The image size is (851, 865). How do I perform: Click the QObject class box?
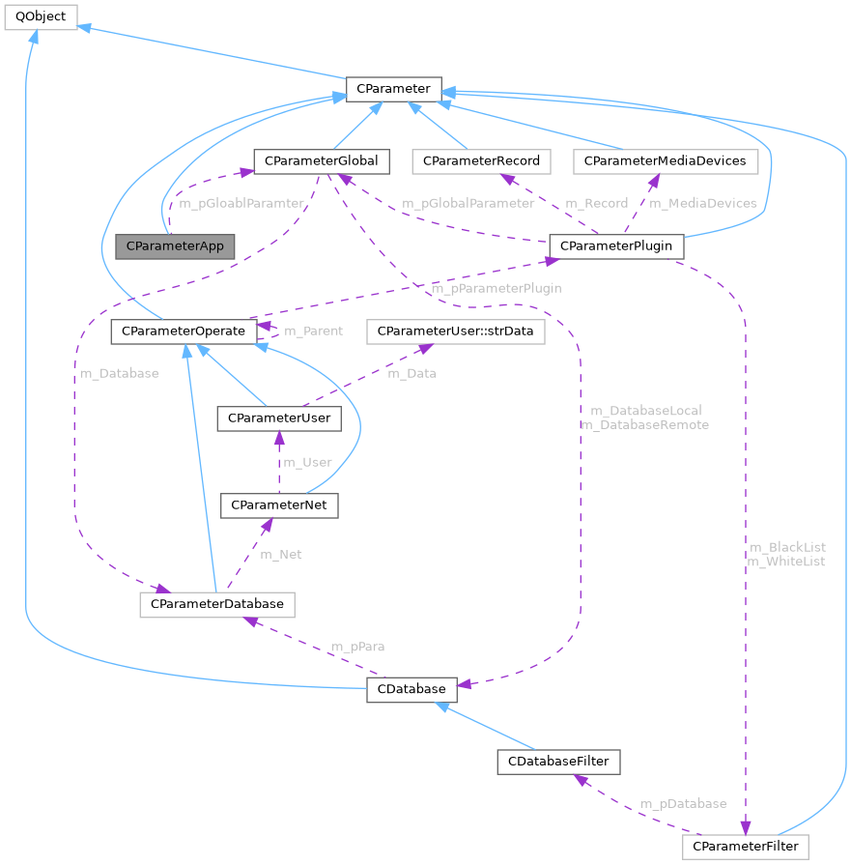(x=41, y=16)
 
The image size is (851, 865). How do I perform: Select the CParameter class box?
(x=393, y=89)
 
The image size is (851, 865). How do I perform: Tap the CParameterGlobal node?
(x=321, y=160)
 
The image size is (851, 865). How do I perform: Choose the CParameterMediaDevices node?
(x=666, y=160)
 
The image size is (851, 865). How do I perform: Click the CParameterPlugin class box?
(x=616, y=246)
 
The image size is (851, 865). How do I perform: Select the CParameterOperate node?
(x=184, y=332)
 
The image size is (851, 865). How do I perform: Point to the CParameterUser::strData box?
(x=455, y=332)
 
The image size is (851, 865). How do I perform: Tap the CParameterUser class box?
(x=278, y=418)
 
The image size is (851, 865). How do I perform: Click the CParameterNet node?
(x=280, y=505)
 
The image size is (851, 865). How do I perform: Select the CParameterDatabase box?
(x=216, y=604)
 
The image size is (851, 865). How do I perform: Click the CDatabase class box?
(x=411, y=689)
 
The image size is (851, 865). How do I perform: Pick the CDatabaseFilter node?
(x=557, y=761)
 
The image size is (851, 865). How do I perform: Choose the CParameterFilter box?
(x=746, y=847)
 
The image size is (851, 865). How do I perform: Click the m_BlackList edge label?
(x=787, y=547)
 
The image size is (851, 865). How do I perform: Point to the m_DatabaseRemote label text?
(x=643, y=425)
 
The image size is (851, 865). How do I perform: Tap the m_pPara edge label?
(x=354, y=647)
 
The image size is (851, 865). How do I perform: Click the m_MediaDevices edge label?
(x=702, y=203)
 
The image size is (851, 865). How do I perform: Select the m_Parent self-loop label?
(x=313, y=332)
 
